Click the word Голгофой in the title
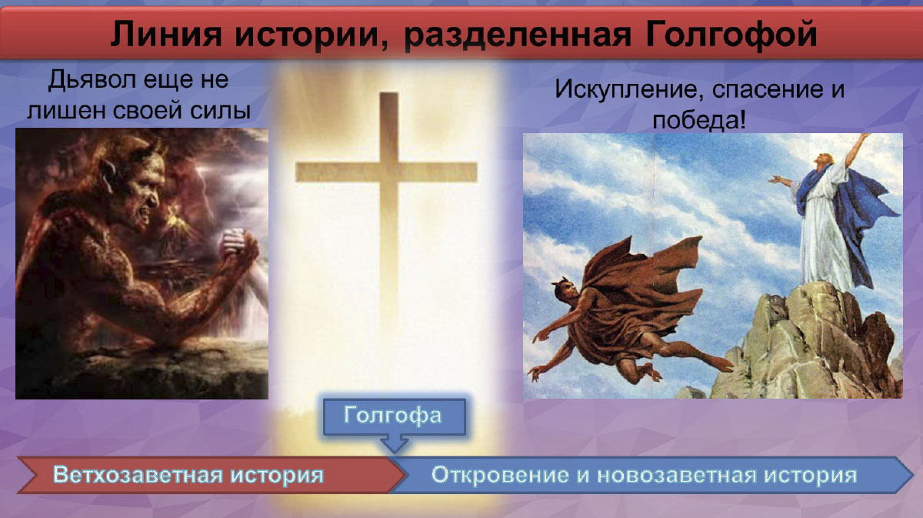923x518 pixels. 731,35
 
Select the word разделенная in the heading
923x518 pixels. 517,35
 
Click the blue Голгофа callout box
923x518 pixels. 395,416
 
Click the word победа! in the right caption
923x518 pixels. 699,120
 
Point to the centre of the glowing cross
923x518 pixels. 388,172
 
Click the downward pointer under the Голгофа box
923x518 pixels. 395,444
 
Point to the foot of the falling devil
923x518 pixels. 721,365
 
